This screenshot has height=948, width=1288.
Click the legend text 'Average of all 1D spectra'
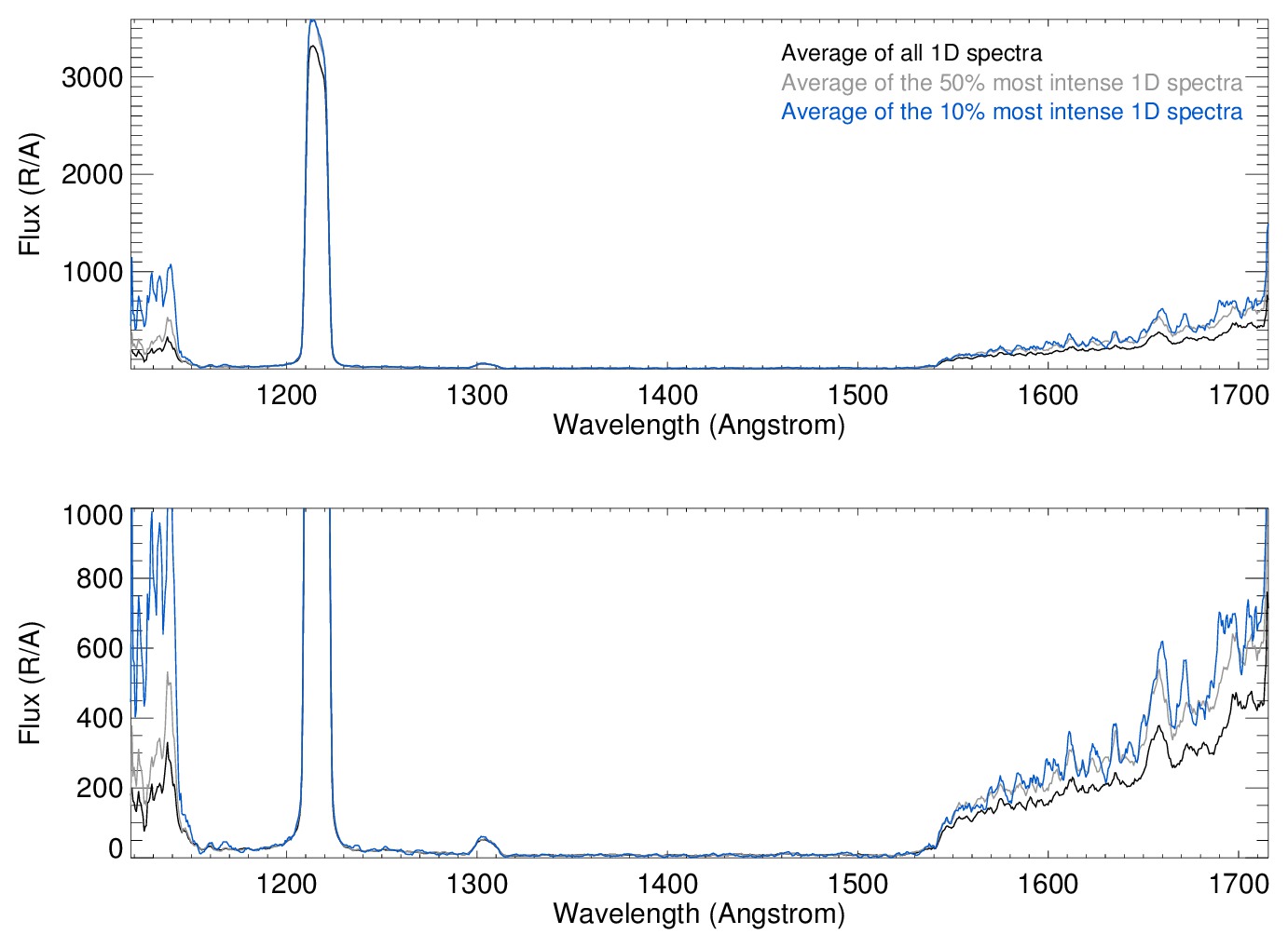[x=911, y=53]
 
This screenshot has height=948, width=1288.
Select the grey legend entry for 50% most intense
[x=1011, y=83]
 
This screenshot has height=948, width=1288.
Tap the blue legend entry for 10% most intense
[x=1011, y=112]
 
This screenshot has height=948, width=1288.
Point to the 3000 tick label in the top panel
[x=92, y=78]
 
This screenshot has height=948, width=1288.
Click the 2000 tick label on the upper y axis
[x=92, y=175]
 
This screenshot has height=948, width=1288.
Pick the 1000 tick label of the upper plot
[x=92, y=273]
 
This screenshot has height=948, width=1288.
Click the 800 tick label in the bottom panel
[x=99, y=579]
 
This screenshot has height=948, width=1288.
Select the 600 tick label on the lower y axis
[x=99, y=649]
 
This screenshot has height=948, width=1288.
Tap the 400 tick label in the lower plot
[x=99, y=718]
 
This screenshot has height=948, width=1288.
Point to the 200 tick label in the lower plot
[x=99, y=788]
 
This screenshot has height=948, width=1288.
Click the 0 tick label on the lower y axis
[x=116, y=848]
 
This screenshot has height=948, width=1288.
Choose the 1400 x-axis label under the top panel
[x=668, y=395]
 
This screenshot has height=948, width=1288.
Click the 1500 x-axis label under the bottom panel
[x=858, y=884]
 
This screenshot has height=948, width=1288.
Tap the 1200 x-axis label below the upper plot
[x=287, y=395]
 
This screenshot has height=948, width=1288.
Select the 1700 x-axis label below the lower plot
[x=1239, y=884]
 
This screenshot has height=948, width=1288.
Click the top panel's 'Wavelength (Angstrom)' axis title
[x=699, y=425]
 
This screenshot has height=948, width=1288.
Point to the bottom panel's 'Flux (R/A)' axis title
[x=30, y=684]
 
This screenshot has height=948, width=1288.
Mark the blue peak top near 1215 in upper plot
[x=313, y=21]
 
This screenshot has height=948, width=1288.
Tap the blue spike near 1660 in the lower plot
[x=1162, y=643]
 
